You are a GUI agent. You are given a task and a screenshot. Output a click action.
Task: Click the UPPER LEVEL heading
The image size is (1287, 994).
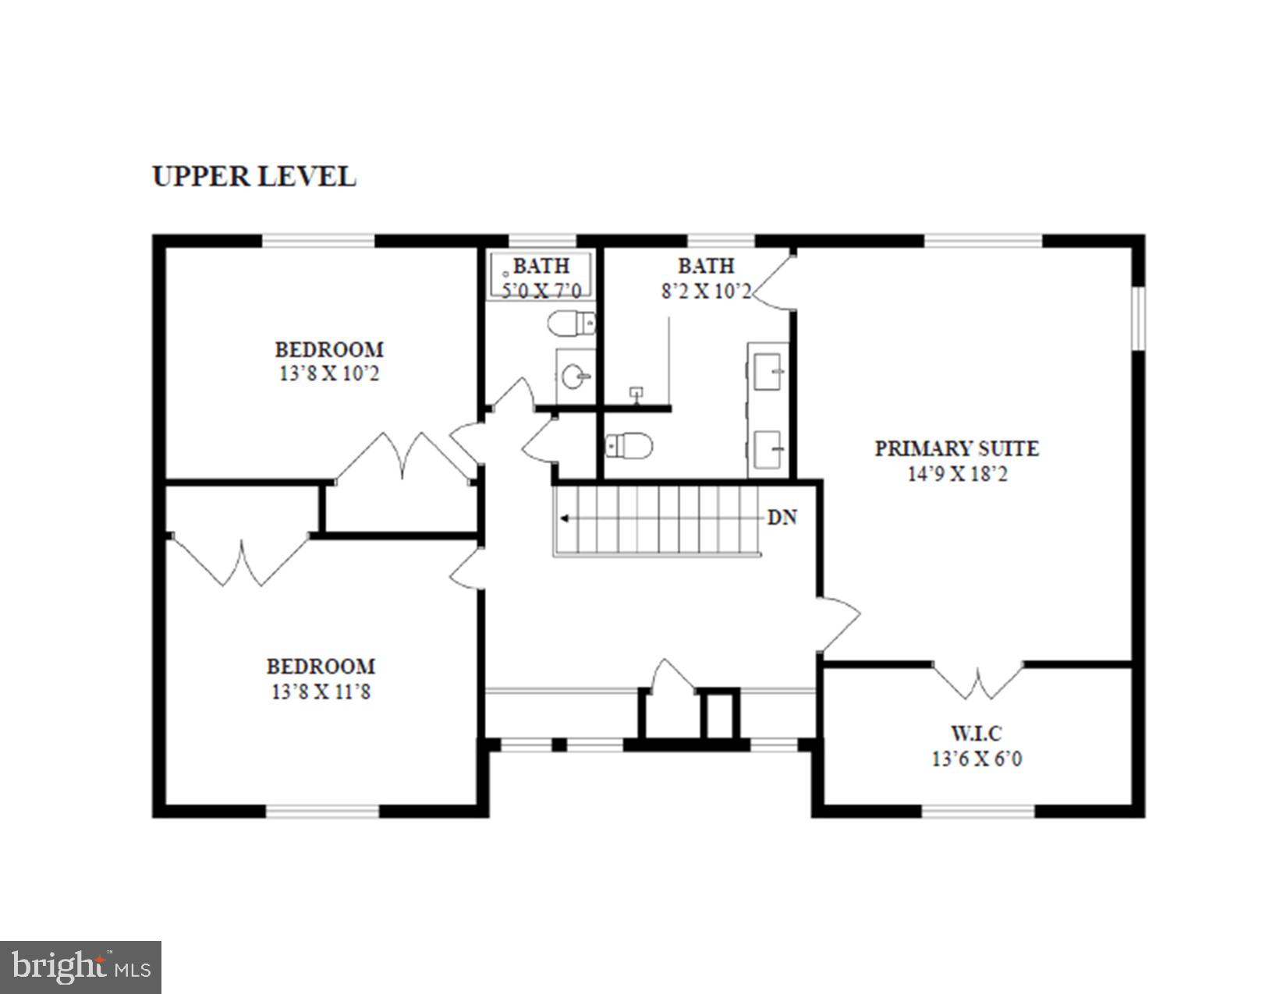[254, 176]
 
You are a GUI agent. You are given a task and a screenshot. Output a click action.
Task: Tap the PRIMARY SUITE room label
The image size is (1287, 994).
[956, 448]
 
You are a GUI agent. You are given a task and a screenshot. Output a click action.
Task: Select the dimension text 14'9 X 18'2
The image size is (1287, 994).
[957, 473]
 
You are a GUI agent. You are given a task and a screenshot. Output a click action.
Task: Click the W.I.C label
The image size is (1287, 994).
[976, 733]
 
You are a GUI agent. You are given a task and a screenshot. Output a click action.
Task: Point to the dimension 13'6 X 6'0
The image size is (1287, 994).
[977, 758]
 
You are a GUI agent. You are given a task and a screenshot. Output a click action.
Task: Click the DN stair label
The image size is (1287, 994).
[782, 518]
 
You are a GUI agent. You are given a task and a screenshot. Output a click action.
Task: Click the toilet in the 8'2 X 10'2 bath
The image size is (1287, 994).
[629, 446]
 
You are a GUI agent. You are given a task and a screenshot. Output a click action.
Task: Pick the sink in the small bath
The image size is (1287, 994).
[575, 377]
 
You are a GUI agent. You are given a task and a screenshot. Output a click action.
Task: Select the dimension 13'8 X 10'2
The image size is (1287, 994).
[329, 373]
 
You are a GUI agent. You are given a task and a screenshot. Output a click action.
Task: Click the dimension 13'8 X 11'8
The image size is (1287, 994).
[321, 691]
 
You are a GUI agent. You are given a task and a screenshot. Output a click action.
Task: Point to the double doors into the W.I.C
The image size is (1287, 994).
[978, 680]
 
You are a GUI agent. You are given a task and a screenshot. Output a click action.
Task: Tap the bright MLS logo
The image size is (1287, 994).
[81, 967]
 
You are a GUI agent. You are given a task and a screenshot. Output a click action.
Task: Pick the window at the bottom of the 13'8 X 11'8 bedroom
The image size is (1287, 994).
[323, 811]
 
